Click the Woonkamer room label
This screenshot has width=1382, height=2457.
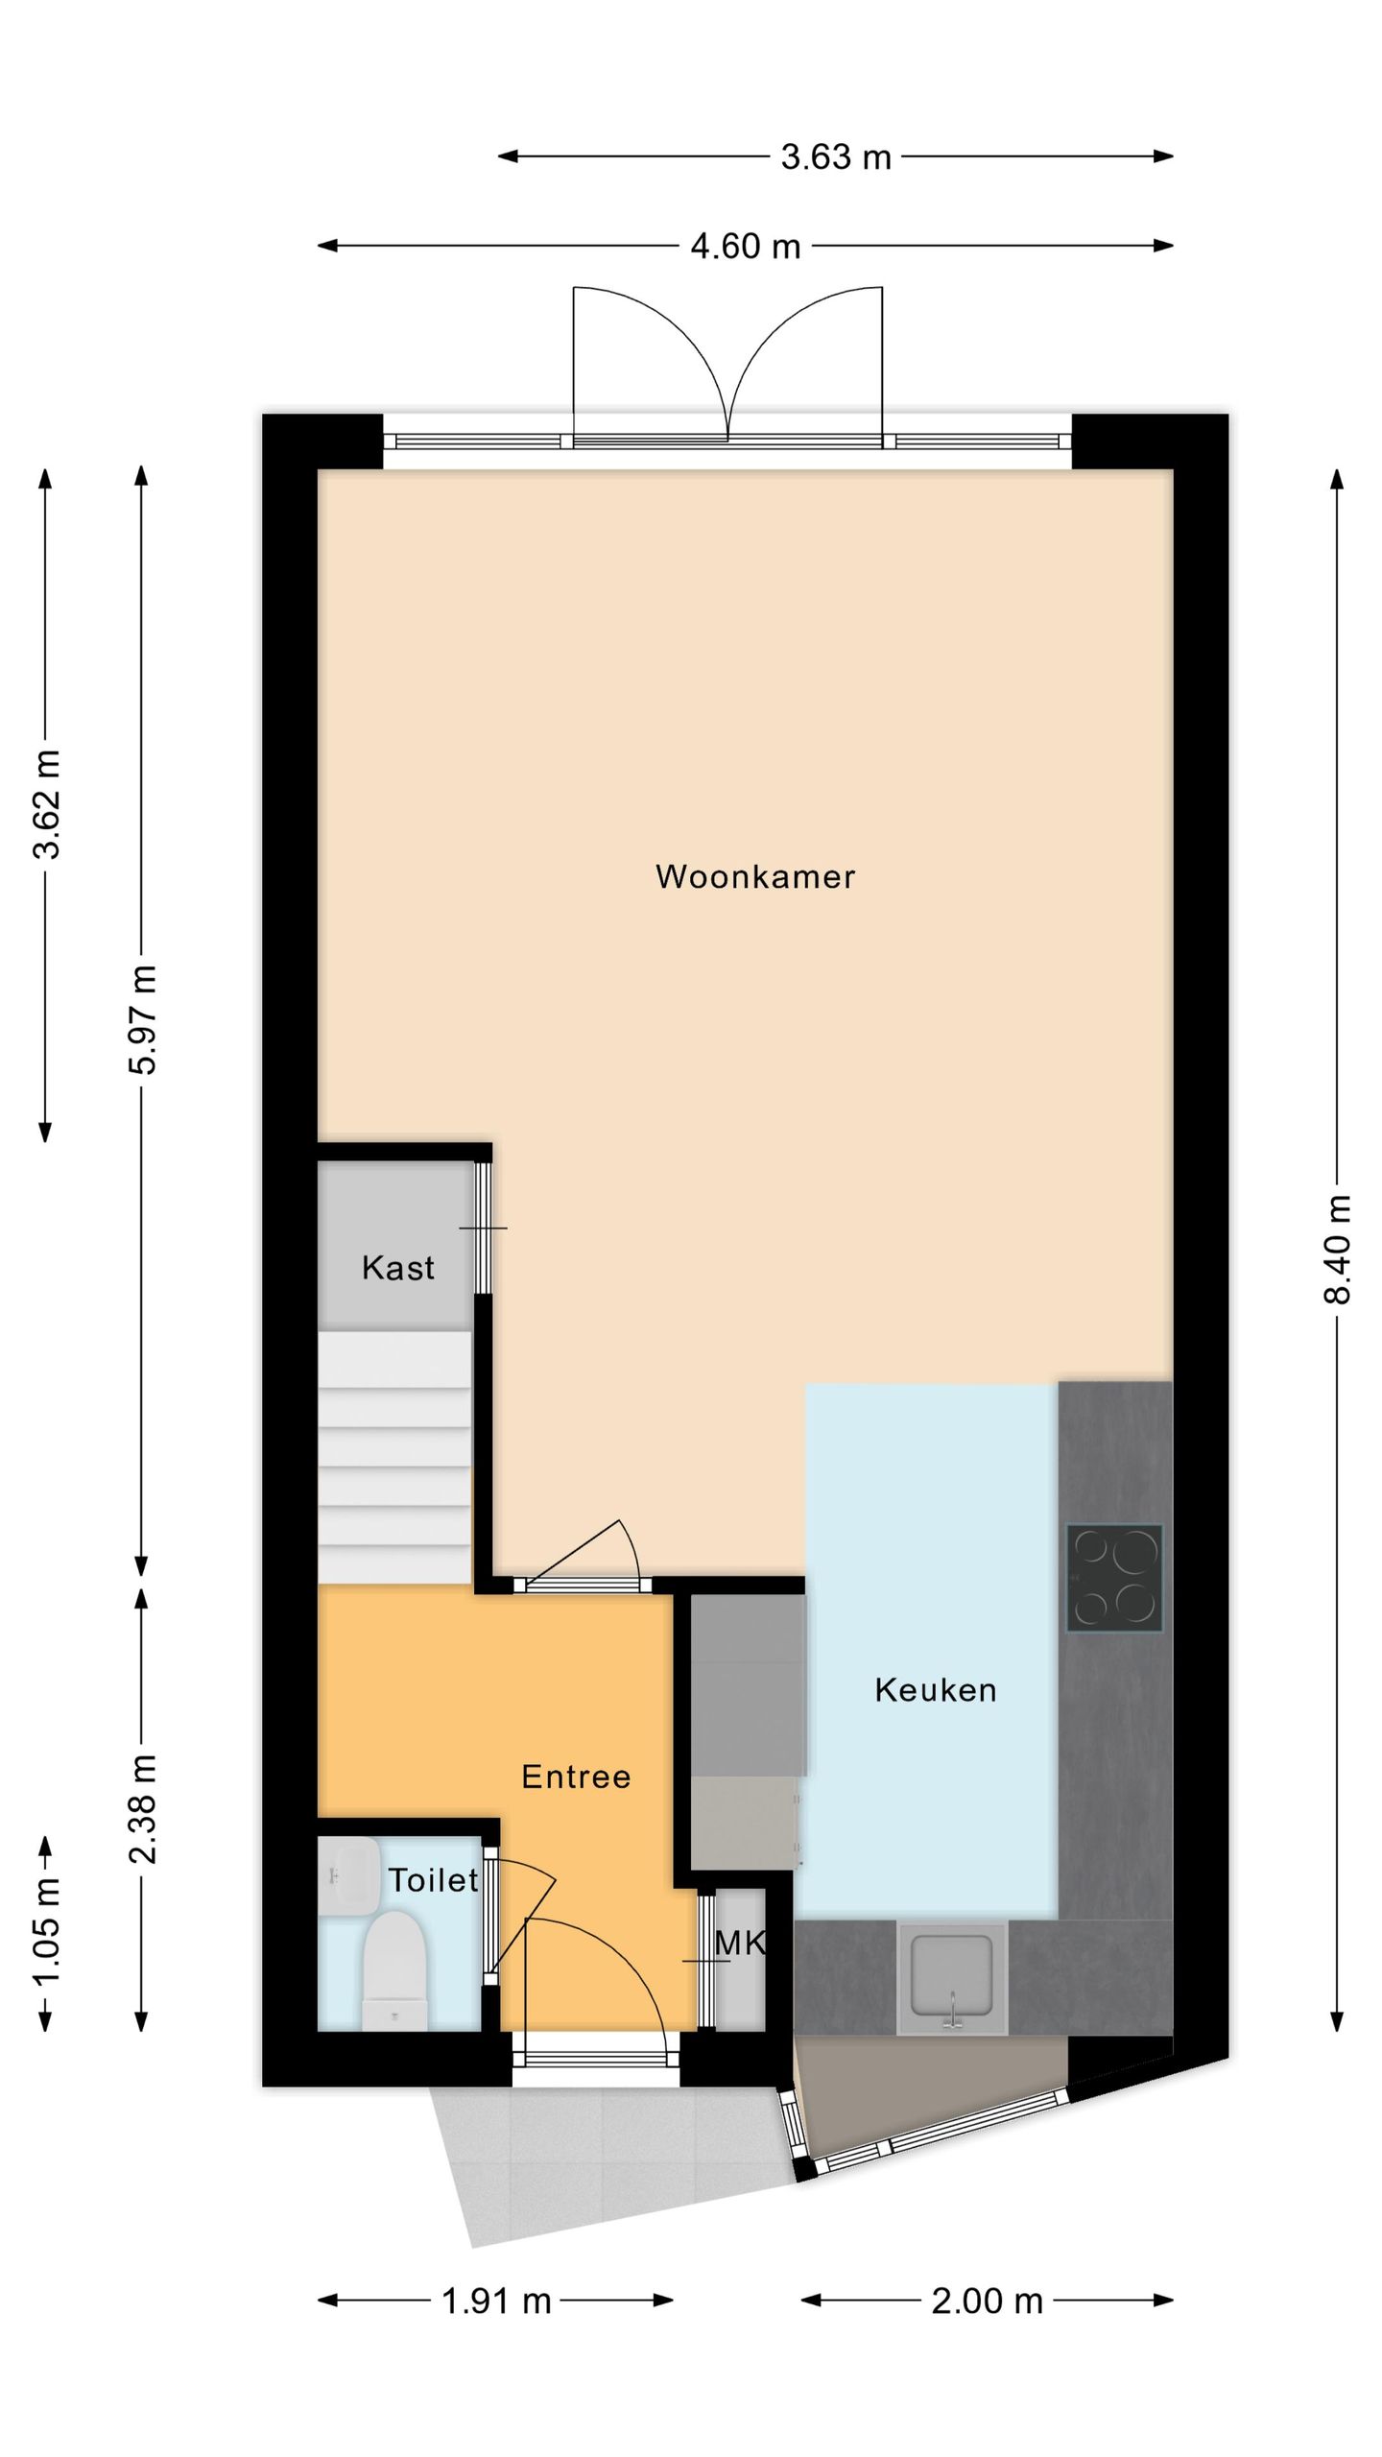(x=754, y=876)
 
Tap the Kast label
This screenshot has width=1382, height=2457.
(x=397, y=1268)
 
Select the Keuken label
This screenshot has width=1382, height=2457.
(x=935, y=1690)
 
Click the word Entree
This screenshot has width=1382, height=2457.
(x=576, y=1777)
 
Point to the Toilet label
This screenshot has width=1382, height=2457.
(x=432, y=1880)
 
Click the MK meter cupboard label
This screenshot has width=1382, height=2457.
(x=739, y=1944)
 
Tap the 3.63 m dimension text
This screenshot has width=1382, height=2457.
(x=835, y=156)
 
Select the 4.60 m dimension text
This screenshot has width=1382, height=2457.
(x=745, y=247)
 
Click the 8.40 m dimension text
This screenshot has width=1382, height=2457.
(x=1337, y=1249)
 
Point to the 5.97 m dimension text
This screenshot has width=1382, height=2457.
(x=142, y=1019)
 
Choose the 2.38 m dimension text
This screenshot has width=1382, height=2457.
(x=142, y=1808)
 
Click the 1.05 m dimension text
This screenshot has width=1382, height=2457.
(x=46, y=1931)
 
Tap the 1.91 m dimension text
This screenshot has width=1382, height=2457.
(x=495, y=2301)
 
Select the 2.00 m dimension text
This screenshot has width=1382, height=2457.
(x=987, y=2301)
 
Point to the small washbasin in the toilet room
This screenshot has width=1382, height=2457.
(x=347, y=1876)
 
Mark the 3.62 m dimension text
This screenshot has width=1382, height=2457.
(x=46, y=804)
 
